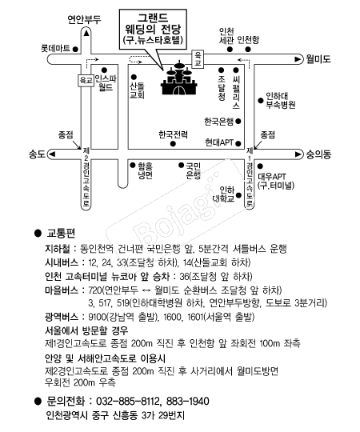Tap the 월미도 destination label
pos(318,59)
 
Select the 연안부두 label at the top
pos(84,19)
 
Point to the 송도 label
pos(37,154)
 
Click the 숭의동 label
pos(318,154)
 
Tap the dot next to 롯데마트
pos(75,50)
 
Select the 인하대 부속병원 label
pos(280,101)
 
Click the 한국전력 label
pos(174,134)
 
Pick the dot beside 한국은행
pos(238,122)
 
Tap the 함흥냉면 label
pos(145,171)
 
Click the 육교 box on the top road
pos(198,59)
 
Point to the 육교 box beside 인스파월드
pos(86,81)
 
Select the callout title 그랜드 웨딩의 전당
pos(153,24)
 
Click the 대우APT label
pos(272,176)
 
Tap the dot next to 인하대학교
pos(239,195)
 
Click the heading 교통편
pos(61,234)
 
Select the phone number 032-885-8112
pos(127,401)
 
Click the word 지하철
pos(58,249)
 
